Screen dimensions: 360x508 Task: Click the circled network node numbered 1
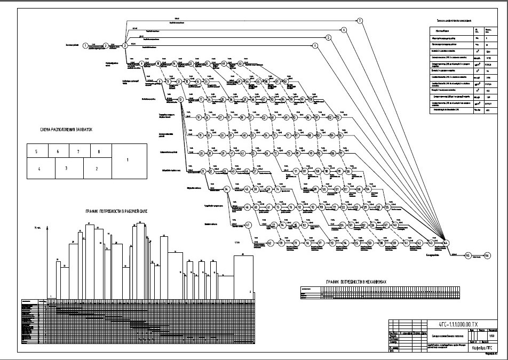click(85, 46)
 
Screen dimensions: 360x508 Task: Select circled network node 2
click(106, 46)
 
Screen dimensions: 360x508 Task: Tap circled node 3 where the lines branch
click(125, 46)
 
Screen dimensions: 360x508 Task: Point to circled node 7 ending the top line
click(360, 20)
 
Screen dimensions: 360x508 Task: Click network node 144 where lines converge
click(445, 243)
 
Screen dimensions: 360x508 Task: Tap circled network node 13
click(181, 100)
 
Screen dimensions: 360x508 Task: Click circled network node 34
click(227, 189)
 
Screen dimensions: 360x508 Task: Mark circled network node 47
click(248, 225)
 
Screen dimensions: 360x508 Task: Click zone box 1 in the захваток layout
click(128, 160)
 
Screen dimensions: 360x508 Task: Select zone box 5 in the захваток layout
click(36, 151)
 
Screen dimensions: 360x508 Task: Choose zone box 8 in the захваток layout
click(99, 151)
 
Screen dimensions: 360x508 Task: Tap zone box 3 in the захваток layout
click(66, 169)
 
